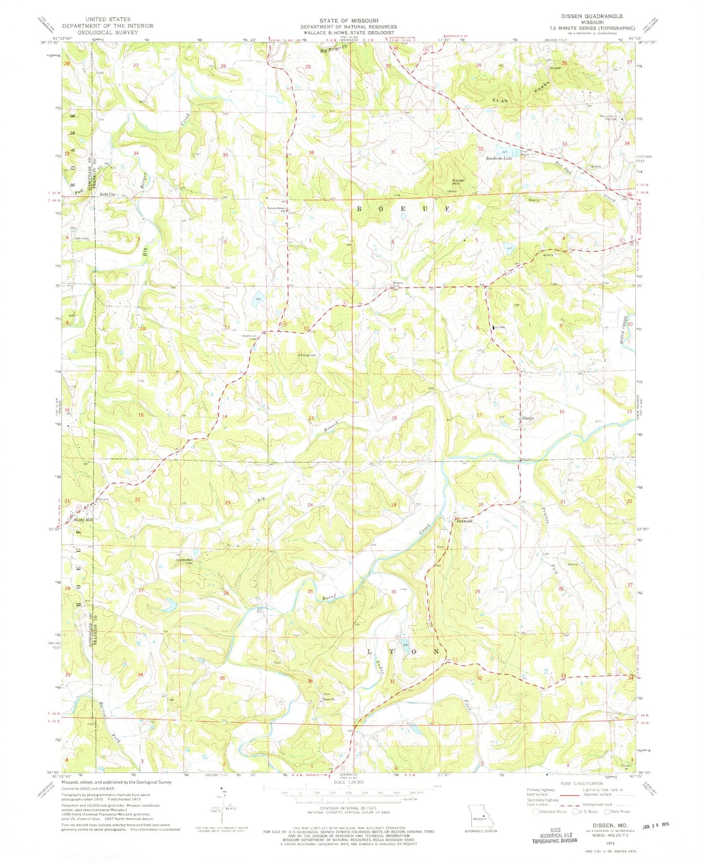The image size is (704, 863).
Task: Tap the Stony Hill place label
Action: (83, 520)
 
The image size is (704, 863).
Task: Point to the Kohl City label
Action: (108, 194)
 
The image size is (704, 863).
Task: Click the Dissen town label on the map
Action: (528, 418)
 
